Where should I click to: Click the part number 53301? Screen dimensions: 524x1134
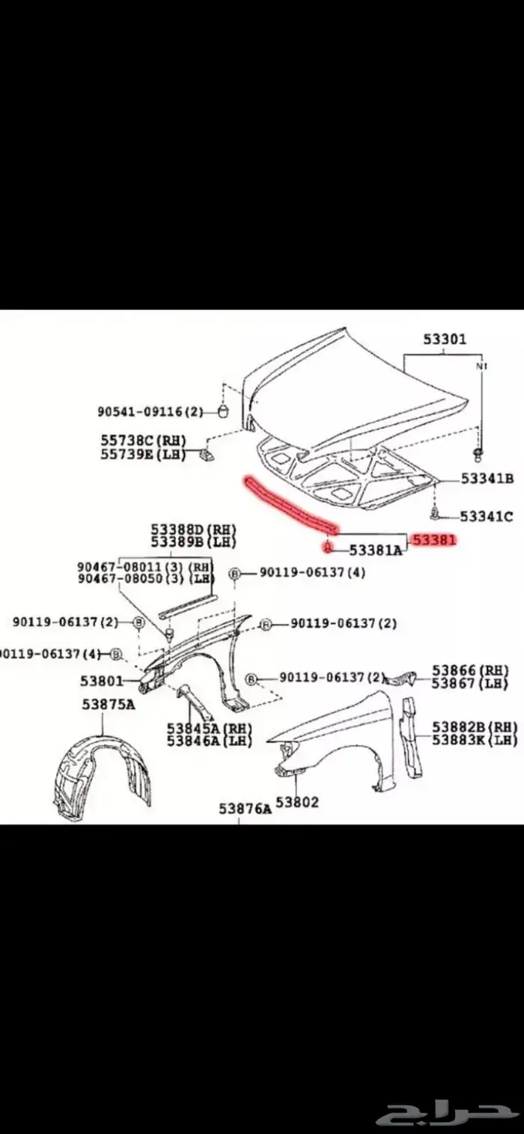coord(445,339)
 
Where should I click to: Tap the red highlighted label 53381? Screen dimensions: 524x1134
coord(434,540)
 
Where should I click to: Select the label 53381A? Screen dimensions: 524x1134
coord(377,550)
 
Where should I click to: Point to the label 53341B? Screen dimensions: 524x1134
coord(487,479)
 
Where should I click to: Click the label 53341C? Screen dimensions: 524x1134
coord(487,516)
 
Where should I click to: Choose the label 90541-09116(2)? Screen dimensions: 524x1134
coord(150,411)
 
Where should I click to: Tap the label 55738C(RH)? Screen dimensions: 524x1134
coord(143,440)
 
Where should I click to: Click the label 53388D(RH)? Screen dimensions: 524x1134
coord(194,530)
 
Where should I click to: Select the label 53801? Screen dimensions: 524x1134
coord(102,681)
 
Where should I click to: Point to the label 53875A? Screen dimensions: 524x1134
coord(109,704)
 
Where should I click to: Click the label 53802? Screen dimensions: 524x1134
coord(297,802)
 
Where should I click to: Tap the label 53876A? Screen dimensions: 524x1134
coord(246,808)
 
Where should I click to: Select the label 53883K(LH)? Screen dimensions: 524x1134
coord(475,740)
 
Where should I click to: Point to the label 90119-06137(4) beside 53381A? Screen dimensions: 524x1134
coord(313,572)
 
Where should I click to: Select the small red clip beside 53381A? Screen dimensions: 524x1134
coord(328,548)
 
